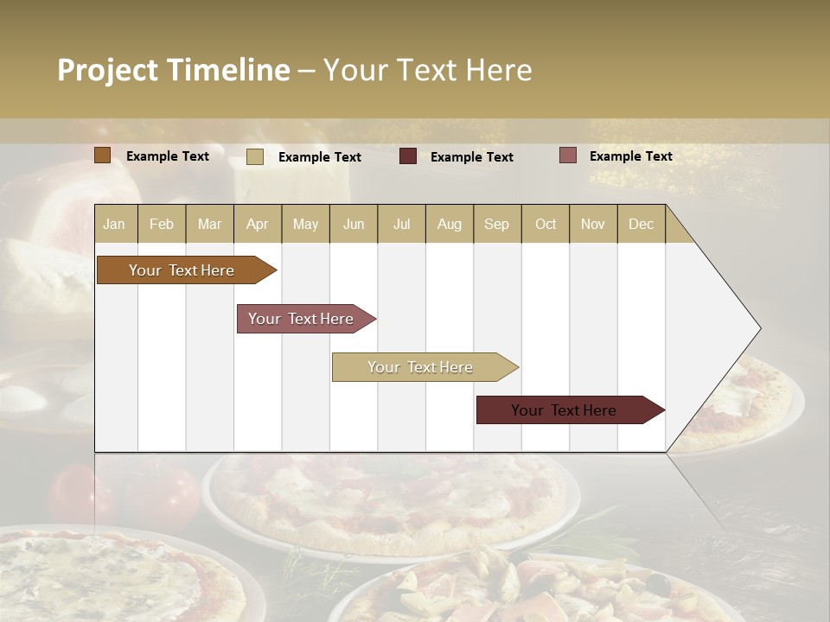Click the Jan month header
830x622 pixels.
114,224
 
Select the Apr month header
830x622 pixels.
257,224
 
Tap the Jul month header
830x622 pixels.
401,224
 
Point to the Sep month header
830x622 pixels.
496,224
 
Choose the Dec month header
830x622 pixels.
641,224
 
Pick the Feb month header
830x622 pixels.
162,224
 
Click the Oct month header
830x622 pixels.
546,224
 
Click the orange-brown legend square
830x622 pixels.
103,155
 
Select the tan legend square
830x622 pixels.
255,156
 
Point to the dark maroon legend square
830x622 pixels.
408,156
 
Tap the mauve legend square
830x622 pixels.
568,155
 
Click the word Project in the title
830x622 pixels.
107,70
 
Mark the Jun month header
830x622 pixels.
354,224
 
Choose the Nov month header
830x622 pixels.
593,224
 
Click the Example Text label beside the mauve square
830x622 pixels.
630,156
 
